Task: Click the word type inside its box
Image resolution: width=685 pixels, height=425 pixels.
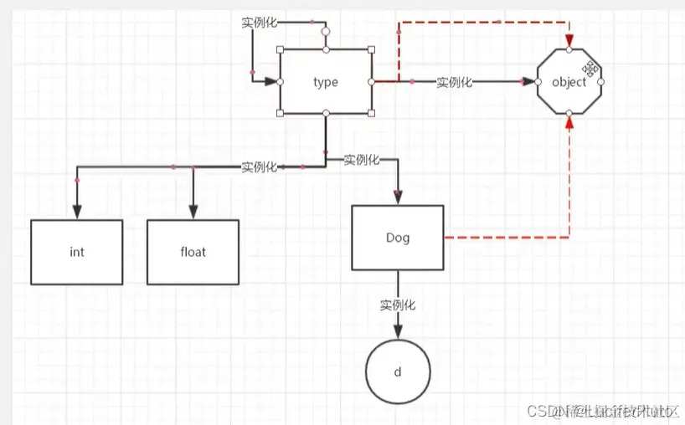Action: pos(325,82)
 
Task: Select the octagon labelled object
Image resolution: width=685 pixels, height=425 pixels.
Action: pos(569,82)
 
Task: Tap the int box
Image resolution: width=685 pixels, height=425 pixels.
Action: pos(77,252)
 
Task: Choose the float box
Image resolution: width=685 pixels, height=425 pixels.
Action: pos(193,252)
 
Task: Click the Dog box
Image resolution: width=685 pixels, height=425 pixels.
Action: pos(398,238)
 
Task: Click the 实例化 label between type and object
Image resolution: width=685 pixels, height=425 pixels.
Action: pos(455,82)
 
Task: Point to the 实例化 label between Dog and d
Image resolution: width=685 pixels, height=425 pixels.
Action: pos(398,305)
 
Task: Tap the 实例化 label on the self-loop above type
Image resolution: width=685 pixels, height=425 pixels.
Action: pos(259,22)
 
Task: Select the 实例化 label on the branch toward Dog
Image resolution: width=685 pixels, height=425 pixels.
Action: pos(362,160)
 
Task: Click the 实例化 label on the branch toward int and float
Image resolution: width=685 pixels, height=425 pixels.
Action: pos(259,167)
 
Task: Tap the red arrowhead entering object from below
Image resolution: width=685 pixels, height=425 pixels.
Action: pos(569,122)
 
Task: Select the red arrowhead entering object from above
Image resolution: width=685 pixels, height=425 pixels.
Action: pos(569,42)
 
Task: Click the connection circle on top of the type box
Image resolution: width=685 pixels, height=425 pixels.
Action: pos(326,32)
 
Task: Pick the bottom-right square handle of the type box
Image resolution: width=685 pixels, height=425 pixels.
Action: pos(372,113)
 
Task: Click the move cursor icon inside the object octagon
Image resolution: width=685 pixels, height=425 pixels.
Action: pos(590,67)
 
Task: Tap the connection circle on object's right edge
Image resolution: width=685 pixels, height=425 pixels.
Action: pos(600,82)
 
